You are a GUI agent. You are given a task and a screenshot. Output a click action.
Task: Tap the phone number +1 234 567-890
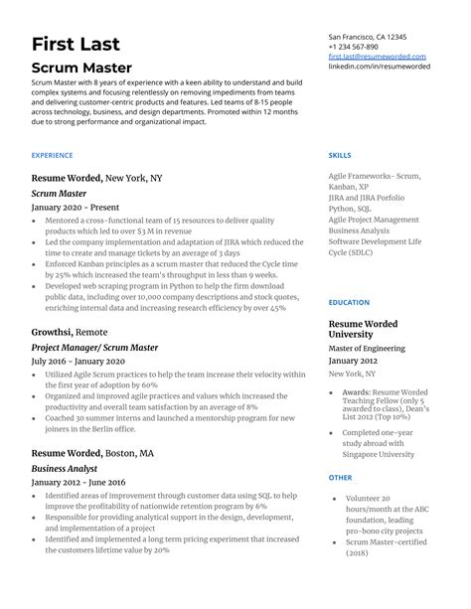click(x=353, y=47)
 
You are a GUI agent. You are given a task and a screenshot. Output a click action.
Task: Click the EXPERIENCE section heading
click(x=52, y=156)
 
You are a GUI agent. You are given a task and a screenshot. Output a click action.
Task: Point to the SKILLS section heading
click(x=339, y=156)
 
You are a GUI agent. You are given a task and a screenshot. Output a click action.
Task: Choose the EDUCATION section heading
click(x=349, y=302)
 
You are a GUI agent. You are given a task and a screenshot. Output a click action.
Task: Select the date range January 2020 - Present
click(x=78, y=207)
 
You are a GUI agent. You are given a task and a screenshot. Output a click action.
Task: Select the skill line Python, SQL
click(x=355, y=209)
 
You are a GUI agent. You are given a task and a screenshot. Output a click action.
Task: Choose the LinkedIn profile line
click(x=378, y=68)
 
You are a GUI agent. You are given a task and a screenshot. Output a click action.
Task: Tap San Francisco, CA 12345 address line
click(x=369, y=36)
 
